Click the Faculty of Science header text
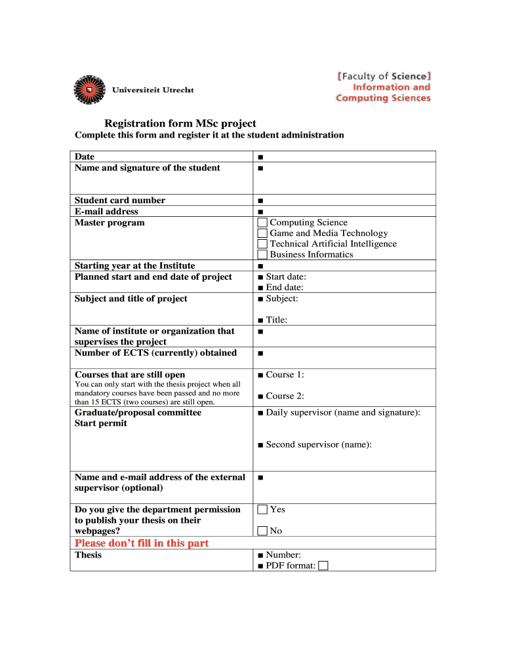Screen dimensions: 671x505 [x=384, y=76]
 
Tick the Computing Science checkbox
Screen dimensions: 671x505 [x=262, y=223]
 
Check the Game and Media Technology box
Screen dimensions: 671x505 [x=262, y=233]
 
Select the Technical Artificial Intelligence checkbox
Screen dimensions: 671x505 [x=262, y=244]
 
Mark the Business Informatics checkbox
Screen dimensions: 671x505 [x=262, y=254]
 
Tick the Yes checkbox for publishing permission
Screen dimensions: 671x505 [x=262, y=510]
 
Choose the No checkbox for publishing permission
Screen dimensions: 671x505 [x=262, y=531]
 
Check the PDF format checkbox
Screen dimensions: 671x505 [x=323, y=566]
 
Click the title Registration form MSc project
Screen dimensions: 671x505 [x=180, y=123]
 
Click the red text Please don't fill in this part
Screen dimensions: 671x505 [x=142, y=543]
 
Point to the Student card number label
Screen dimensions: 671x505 [x=120, y=201]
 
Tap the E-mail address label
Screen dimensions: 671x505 [x=106, y=212]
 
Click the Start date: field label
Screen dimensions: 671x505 [x=285, y=277]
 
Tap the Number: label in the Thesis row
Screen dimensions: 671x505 [x=283, y=555]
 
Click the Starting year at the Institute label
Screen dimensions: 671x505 [x=134, y=265]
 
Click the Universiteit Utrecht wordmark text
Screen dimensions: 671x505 [x=153, y=90]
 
